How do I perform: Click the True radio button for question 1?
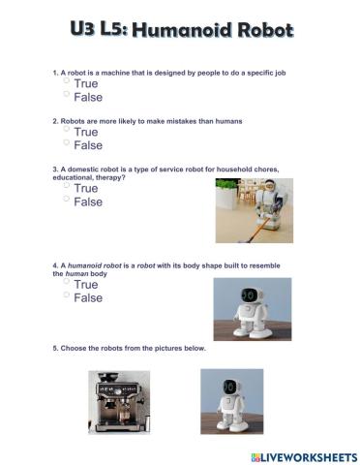pos(67,82)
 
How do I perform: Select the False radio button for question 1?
pos(67,95)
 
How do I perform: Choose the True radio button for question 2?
pos(67,130)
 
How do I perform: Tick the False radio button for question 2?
pos(67,142)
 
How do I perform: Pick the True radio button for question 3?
pos(67,186)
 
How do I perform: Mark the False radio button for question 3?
pos(67,200)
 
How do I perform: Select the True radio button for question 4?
pos(67,283)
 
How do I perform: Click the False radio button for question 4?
pos(67,295)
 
